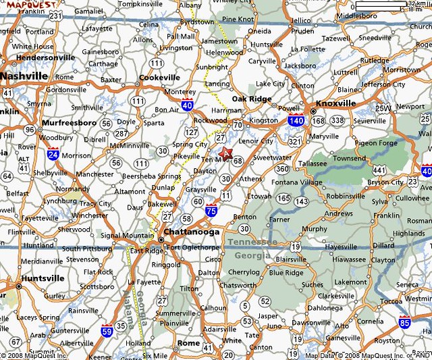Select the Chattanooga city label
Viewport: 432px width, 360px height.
point(192,232)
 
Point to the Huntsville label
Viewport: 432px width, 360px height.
point(43,278)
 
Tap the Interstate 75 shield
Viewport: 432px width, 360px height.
point(211,210)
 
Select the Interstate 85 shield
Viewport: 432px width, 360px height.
point(404,322)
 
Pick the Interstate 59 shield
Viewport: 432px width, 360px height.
point(107,332)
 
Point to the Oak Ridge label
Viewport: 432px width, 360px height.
point(251,99)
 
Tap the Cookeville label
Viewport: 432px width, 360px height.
point(159,77)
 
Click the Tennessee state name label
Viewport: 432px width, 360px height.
point(251,242)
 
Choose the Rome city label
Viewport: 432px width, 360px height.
point(188,343)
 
